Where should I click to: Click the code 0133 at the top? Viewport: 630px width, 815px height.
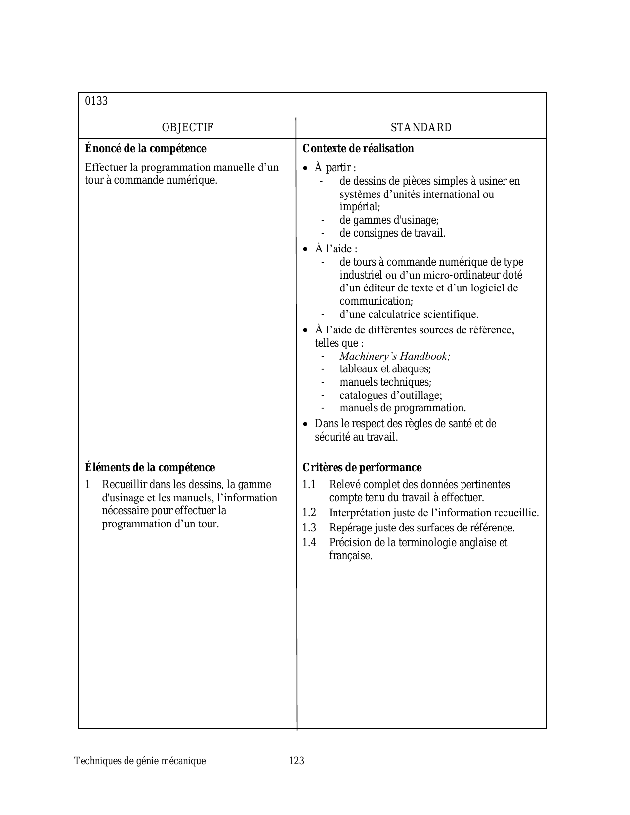click(96, 101)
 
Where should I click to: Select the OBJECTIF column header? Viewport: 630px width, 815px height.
click(188, 128)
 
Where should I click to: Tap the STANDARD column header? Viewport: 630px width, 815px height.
click(421, 128)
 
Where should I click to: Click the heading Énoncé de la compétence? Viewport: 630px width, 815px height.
click(146, 149)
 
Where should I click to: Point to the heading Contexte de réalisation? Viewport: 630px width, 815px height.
click(358, 149)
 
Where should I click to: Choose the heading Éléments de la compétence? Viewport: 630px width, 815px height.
click(150, 468)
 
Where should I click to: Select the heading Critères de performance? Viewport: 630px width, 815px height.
click(362, 468)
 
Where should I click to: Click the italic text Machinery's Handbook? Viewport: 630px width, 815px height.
click(395, 356)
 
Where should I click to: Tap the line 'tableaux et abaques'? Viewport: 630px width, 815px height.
click(385, 369)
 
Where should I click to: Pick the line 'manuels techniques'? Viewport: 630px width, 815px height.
click(385, 382)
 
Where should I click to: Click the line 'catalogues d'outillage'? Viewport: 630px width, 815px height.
click(391, 395)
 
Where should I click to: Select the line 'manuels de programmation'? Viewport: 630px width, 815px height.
click(403, 408)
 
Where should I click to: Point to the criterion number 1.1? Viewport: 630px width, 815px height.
click(309, 485)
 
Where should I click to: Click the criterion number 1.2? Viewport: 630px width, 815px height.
click(309, 513)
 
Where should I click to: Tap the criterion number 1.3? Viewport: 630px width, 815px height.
click(309, 528)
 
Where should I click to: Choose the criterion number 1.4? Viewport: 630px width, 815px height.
click(309, 543)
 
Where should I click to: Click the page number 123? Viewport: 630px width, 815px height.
click(296, 761)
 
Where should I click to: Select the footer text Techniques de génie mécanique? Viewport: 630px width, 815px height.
click(140, 761)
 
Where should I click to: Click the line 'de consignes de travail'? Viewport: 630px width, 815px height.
click(392, 233)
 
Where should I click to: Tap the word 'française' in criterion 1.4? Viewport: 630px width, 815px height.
click(350, 556)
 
